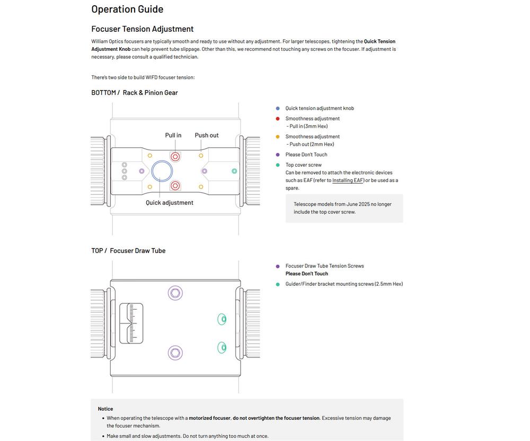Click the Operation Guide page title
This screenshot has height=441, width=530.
point(127,9)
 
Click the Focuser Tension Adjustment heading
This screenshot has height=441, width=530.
point(142,29)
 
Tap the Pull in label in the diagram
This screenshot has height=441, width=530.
point(173,136)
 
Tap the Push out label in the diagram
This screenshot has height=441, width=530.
point(207,136)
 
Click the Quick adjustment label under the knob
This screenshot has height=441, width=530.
point(170,203)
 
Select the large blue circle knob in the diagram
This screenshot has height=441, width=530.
point(162,171)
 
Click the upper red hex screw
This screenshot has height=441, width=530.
point(175,156)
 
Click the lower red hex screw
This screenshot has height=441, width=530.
point(175,186)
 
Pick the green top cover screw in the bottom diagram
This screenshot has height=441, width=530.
point(234,171)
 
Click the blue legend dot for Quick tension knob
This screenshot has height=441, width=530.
point(278,109)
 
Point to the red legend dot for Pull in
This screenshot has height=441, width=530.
point(278,119)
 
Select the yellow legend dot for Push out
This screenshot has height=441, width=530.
point(278,137)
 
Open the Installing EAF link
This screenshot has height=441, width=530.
point(348,181)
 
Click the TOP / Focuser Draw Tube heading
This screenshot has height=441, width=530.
point(128,251)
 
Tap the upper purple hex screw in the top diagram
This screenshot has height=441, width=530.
point(175,293)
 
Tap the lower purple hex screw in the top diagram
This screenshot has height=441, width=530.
point(175,353)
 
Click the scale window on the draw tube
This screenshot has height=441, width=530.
point(131,323)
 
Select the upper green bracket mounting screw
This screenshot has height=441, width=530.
point(222,319)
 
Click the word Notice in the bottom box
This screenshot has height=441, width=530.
point(105,409)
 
